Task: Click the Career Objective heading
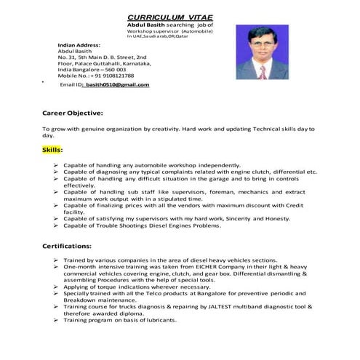[73, 113]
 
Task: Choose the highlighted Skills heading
[52, 149]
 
